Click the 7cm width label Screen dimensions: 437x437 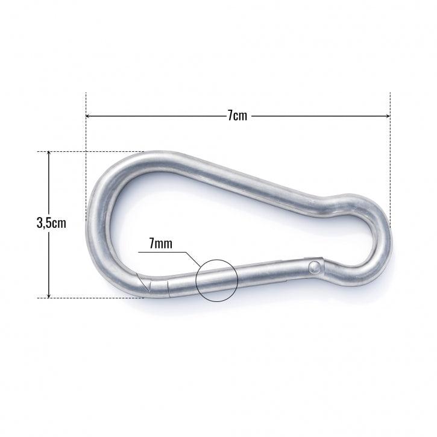coord(237,116)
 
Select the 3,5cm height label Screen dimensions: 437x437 coord(51,223)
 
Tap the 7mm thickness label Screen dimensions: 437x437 coord(160,244)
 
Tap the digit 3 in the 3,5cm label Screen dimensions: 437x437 coord(40,223)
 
